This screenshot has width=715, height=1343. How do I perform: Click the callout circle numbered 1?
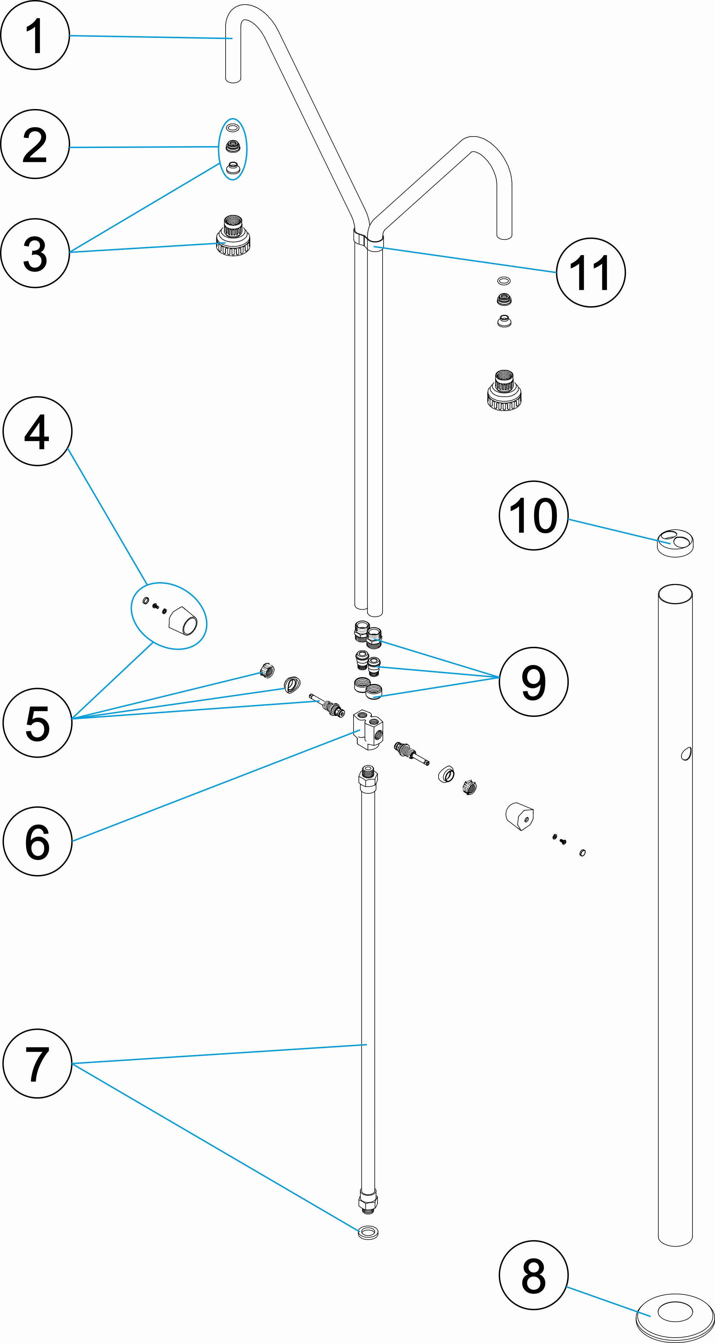[x=35, y=35]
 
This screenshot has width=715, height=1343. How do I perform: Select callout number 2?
[x=35, y=144]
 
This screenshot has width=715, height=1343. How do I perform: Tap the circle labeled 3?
[x=35, y=253]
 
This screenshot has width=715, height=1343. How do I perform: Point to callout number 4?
[x=37, y=431]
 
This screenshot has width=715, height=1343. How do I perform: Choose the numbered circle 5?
[x=37, y=723]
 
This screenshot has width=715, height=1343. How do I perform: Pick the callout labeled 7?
[x=37, y=1064]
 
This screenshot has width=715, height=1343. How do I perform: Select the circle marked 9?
[x=533, y=682]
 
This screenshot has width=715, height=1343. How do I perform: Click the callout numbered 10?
[x=533, y=515]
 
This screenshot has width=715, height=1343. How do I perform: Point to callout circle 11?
[x=590, y=272]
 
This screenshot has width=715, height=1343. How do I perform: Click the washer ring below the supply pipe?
[x=368, y=1233]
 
